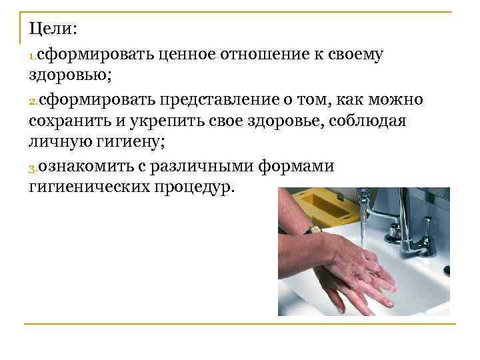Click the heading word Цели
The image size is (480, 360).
[x=53, y=29]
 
